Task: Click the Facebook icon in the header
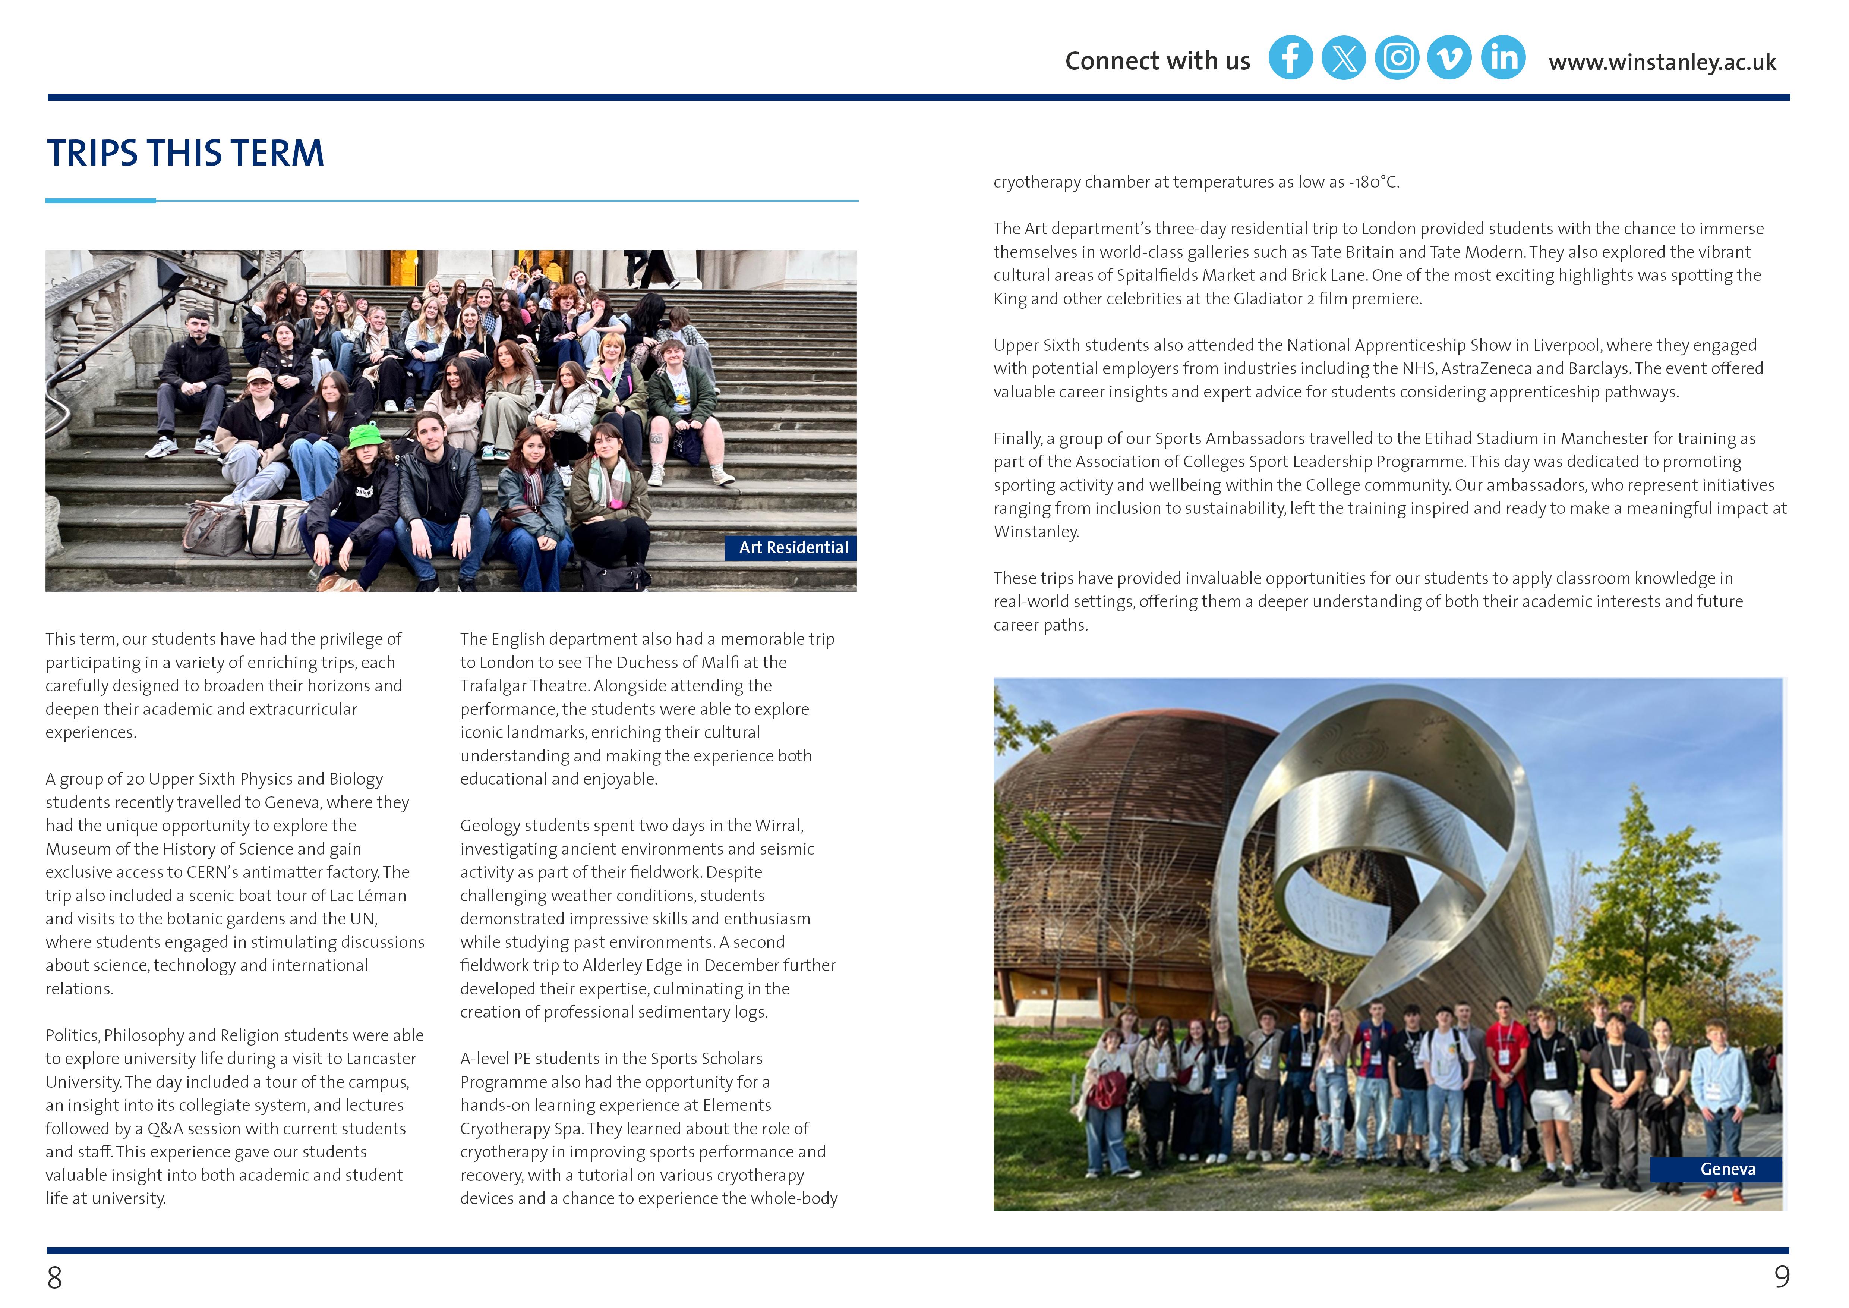(x=1290, y=58)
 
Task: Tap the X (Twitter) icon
(x=1343, y=58)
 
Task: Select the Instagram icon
(x=1397, y=58)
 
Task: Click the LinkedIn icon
(x=1503, y=58)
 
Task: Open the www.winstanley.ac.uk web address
(x=1662, y=62)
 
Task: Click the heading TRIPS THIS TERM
(x=185, y=153)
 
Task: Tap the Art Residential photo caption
(x=793, y=548)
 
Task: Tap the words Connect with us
(x=1157, y=61)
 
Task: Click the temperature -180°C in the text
(x=1374, y=182)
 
